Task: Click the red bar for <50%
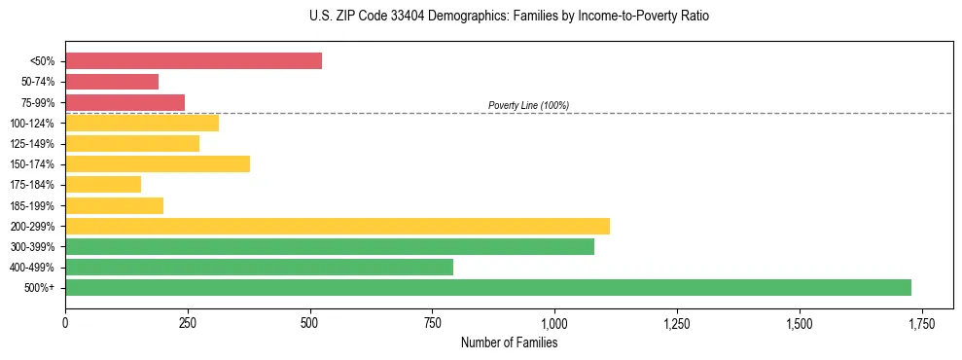tap(194, 61)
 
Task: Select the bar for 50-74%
tap(112, 82)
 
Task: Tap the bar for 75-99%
tap(125, 102)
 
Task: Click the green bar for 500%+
tap(488, 287)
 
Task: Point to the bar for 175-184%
tap(103, 185)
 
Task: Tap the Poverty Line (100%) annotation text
tap(528, 105)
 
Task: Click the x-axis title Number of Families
tap(509, 342)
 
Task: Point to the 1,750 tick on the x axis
tap(921, 323)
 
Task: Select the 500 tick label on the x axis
tap(309, 323)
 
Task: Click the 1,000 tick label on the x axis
tap(554, 323)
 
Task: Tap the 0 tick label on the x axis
tap(65, 323)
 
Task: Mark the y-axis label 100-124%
tap(32, 124)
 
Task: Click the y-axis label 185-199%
tap(32, 205)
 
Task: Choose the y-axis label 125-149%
tap(32, 144)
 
